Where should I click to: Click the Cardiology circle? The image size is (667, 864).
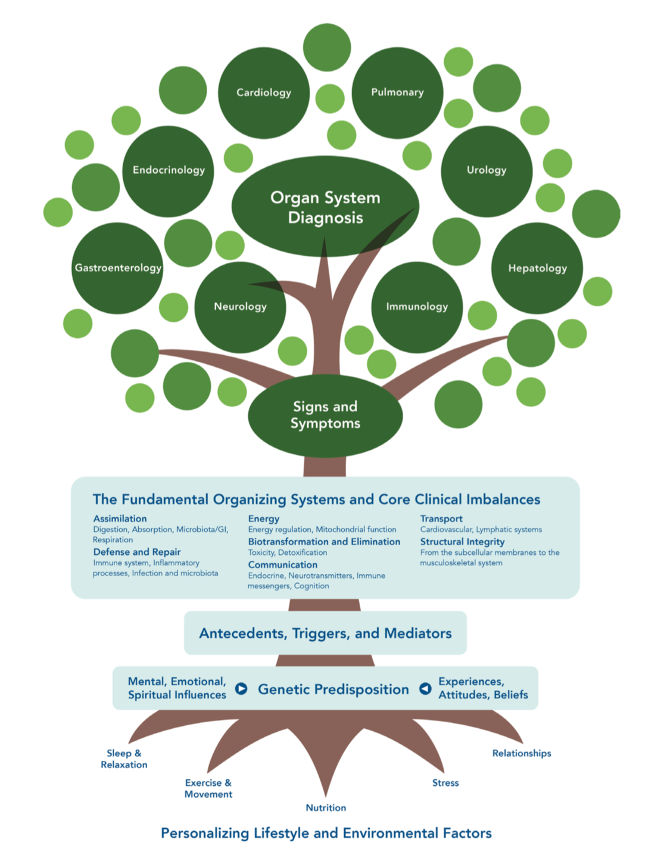pyautogui.click(x=264, y=93)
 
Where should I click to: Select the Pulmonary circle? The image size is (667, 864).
pyautogui.click(x=397, y=93)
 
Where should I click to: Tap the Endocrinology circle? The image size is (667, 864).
pyautogui.click(x=169, y=171)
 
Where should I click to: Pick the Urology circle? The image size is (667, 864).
pyautogui.click(x=487, y=171)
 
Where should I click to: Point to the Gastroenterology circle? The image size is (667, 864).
pyautogui.click(x=117, y=268)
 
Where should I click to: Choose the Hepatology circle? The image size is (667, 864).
pyautogui.click(x=537, y=268)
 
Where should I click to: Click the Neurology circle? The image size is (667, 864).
pyautogui.click(x=240, y=307)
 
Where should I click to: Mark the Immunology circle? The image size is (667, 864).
pyautogui.click(x=417, y=307)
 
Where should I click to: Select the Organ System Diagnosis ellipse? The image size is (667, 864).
pyautogui.click(x=325, y=207)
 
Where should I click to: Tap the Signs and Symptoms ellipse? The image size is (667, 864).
pyautogui.click(x=325, y=415)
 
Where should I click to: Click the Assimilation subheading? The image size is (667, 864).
pyautogui.click(x=120, y=519)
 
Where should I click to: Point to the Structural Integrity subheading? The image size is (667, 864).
pyautogui.click(x=462, y=542)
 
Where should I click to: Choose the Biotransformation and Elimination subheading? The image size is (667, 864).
pyautogui.click(x=324, y=542)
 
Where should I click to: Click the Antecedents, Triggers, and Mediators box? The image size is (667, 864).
pyautogui.click(x=325, y=633)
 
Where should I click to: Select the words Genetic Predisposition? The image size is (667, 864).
pyautogui.click(x=333, y=689)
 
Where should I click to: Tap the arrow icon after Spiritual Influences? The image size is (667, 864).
pyautogui.click(x=241, y=689)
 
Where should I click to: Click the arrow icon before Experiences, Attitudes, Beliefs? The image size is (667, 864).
pyautogui.click(x=425, y=689)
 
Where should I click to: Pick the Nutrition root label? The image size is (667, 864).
pyautogui.click(x=326, y=808)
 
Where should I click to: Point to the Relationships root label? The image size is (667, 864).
pyautogui.click(x=522, y=754)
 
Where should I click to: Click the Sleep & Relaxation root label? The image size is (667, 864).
pyautogui.click(x=124, y=759)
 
